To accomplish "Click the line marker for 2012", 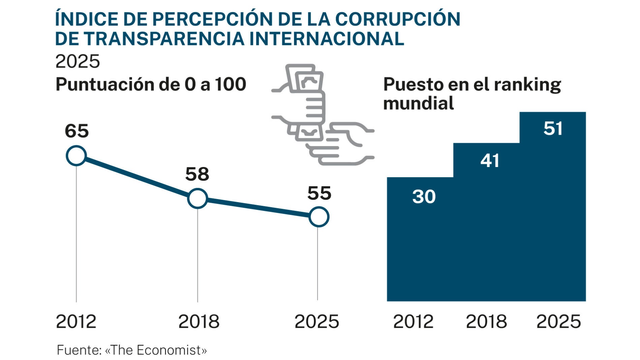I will (x=76, y=156).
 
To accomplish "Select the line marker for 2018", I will (x=197, y=198).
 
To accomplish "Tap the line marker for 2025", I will (x=318, y=217).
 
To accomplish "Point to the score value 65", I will (x=77, y=131).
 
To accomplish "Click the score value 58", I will (x=197, y=174).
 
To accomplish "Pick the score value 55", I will (x=319, y=193).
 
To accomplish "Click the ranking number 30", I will (x=424, y=197).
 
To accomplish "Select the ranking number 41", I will (x=490, y=161).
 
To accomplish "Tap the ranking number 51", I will (x=553, y=129).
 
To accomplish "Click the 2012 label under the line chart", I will (x=76, y=322).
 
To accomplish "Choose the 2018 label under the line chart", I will (x=199, y=322).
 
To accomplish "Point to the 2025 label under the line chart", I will (x=317, y=322).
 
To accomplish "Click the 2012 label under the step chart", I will (x=413, y=322).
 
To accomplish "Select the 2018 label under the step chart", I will (x=486, y=322).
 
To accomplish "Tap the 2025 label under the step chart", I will (x=558, y=322).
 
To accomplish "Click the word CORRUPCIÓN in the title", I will (x=397, y=19).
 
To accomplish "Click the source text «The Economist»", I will (x=156, y=350).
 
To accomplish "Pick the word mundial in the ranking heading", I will (x=418, y=103).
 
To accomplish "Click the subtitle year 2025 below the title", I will (x=78, y=61).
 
